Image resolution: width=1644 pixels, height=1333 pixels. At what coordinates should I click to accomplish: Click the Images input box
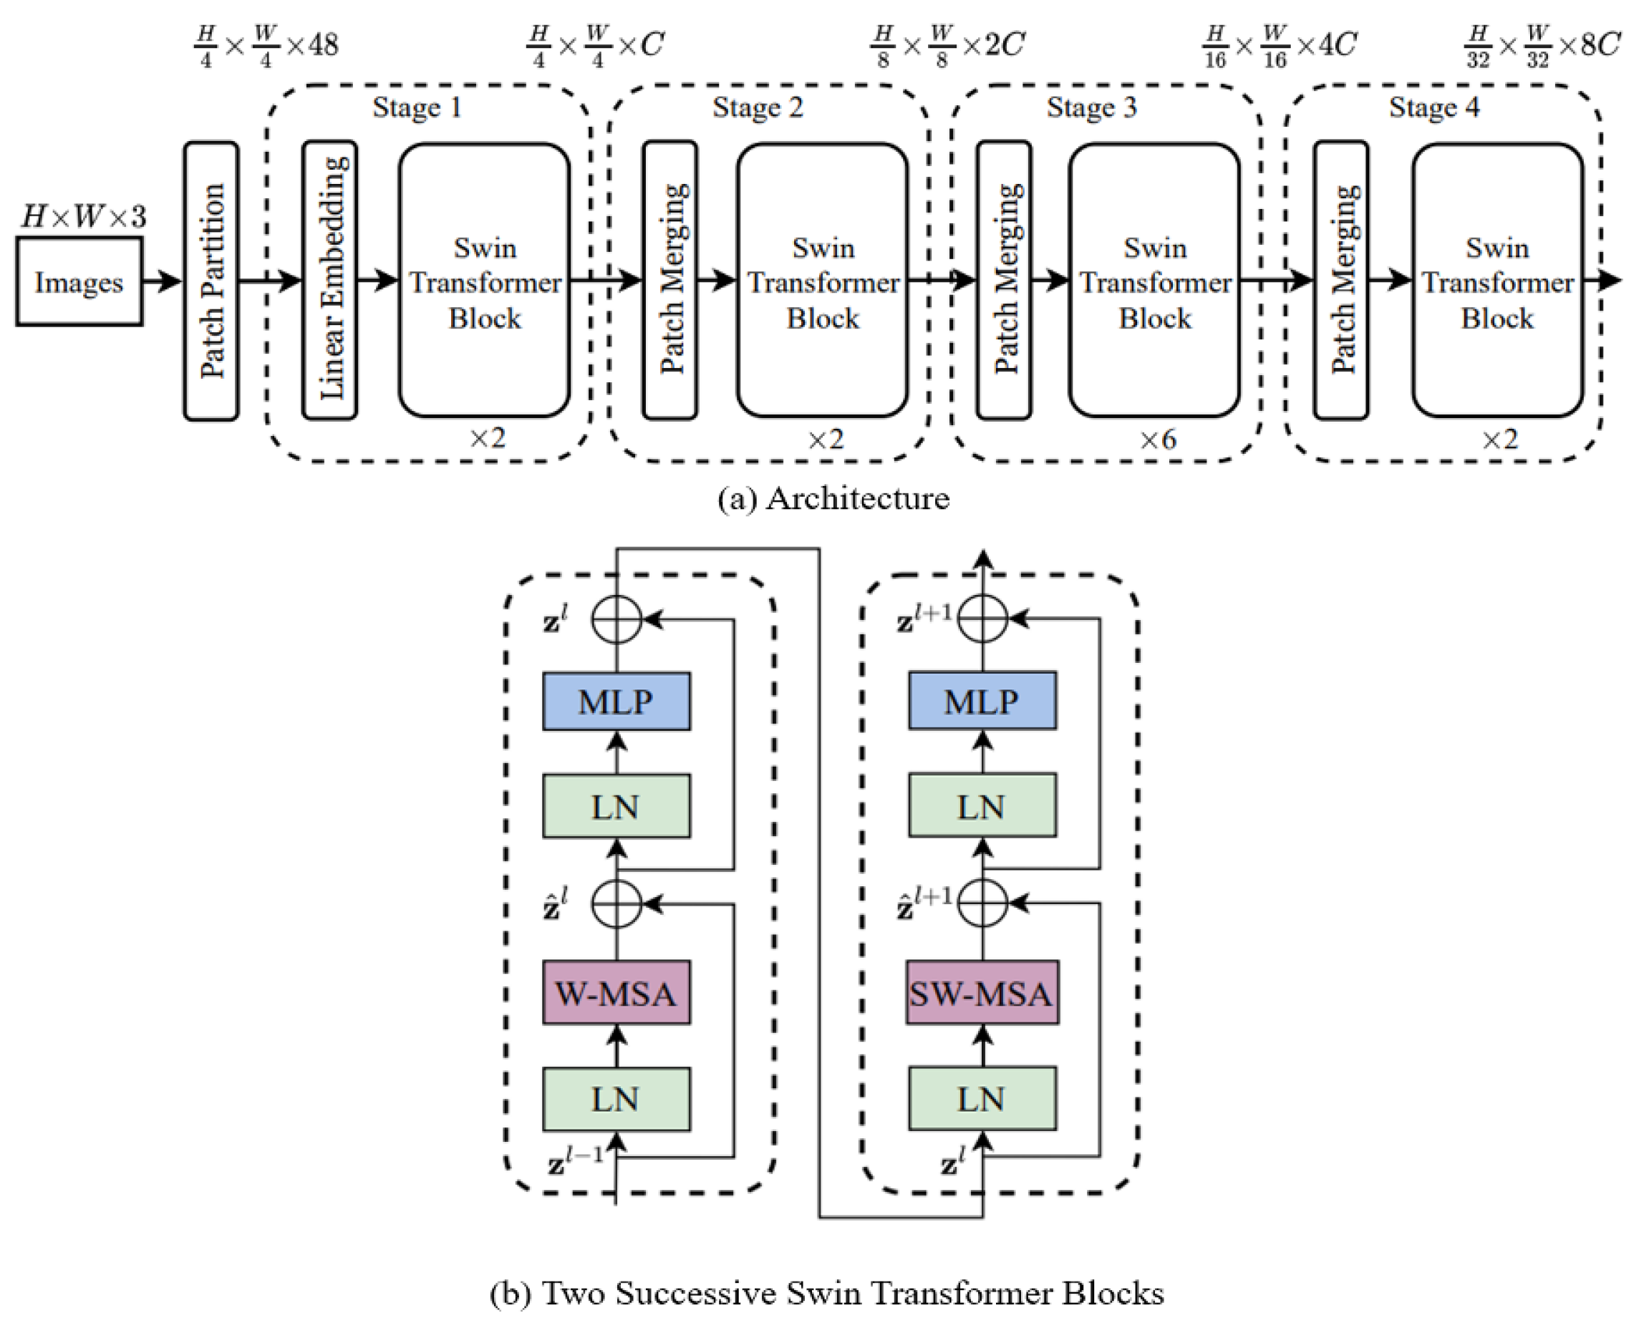79,281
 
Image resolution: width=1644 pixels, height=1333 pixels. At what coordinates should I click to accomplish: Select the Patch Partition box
211,281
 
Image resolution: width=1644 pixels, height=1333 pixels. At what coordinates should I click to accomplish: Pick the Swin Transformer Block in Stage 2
823,281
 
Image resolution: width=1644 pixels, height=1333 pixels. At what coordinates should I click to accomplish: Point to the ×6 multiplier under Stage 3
1157,440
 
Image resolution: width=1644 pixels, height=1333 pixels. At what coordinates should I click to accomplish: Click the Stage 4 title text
1433,107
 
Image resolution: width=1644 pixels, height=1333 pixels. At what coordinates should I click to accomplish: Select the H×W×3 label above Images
83,216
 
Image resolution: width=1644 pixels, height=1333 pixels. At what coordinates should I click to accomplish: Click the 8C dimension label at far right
1600,44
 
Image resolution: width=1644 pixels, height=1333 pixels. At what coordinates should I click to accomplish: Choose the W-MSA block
616,992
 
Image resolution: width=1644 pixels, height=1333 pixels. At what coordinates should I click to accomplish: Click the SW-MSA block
982,992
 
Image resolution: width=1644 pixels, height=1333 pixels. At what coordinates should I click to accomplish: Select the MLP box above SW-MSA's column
982,700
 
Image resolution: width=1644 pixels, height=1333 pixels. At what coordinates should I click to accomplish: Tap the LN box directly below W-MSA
616,1099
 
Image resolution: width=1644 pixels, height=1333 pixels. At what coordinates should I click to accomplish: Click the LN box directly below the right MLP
982,805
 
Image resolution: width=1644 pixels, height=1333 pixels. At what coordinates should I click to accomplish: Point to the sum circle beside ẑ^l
616,903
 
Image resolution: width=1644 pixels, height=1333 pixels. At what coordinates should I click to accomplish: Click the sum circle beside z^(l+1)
982,617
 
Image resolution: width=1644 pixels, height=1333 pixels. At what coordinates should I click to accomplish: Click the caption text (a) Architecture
833,498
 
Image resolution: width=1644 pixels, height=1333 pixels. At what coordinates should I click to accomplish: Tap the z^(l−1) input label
576,1160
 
